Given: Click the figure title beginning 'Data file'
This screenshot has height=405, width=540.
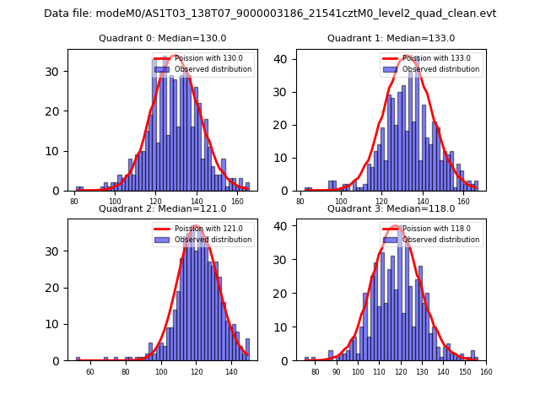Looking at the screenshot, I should [x=270, y=13].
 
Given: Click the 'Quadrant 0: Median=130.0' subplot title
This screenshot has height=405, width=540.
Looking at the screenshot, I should [x=163, y=38].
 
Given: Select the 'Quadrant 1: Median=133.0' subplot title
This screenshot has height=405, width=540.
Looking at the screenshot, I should [x=391, y=38].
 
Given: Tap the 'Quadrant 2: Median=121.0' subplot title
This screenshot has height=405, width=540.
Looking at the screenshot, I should [x=163, y=208].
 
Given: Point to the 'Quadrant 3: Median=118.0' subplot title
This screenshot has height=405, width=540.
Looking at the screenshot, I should [x=391, y=208].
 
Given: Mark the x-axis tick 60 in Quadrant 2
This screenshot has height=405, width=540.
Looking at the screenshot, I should [x=90, y=371].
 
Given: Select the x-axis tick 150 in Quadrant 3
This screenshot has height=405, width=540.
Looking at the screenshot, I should [x=465, y=371].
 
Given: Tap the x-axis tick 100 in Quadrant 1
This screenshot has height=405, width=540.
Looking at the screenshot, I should [x=341, y=201].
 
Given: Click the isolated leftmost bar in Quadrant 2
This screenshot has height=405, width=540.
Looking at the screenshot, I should [x=78, y=359].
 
